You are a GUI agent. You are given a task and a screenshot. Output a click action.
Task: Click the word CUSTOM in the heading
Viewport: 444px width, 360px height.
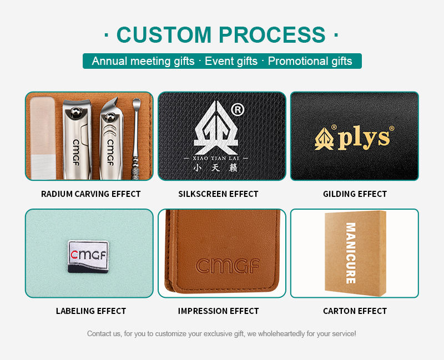(x=165, y=34)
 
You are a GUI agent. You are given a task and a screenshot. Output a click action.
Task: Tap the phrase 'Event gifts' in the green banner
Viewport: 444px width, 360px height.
(x=231, y=61)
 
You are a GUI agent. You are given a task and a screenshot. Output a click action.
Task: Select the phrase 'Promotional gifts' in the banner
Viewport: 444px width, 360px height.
(x=310, y=61)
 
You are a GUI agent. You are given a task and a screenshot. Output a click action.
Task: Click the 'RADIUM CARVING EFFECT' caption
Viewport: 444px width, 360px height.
(x=91, y=194)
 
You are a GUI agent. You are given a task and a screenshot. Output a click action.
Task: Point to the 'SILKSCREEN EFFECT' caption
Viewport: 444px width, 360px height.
(x=218, y=194)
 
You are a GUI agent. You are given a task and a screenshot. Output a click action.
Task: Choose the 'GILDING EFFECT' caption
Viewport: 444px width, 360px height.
(x=355, y=194)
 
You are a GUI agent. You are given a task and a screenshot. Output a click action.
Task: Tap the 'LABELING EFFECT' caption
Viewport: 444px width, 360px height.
(x=91, y=311)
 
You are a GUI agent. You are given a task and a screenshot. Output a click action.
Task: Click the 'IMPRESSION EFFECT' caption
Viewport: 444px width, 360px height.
(x=218, y=311)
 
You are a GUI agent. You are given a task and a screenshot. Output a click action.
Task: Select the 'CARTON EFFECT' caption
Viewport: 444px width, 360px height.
(x=355, y=311)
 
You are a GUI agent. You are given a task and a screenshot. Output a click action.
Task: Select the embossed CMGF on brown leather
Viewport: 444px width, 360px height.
(x=228, y=266)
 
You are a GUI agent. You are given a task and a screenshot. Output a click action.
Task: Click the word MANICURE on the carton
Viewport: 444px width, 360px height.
(x=350, y=253)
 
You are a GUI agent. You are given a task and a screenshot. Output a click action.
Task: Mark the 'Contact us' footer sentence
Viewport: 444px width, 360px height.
(x=221, y=334)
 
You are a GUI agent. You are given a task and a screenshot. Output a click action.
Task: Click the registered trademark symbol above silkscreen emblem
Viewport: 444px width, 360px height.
(x=238, y=110)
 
